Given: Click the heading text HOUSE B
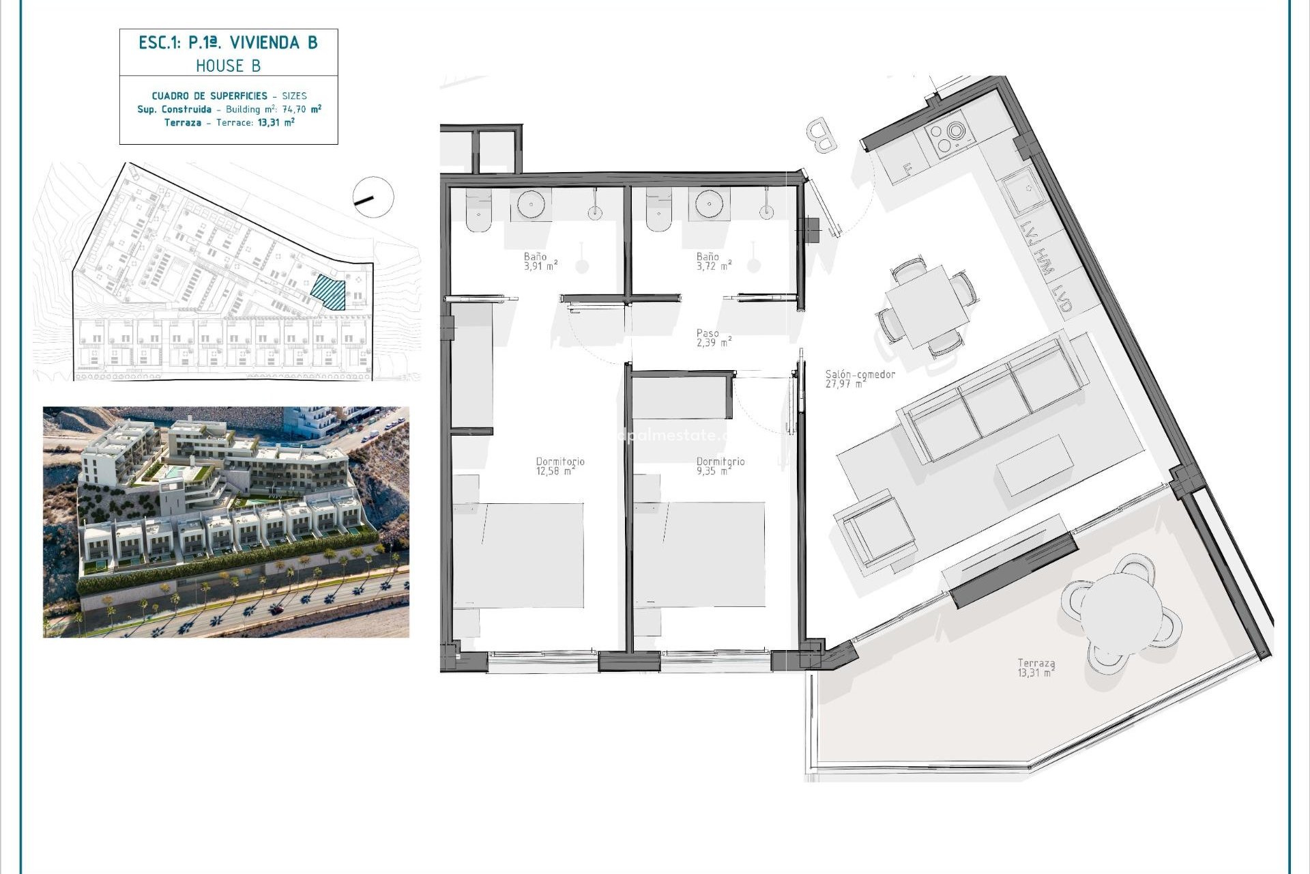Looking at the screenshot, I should click(228, 66).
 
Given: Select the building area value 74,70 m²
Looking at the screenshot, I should click(297, 109).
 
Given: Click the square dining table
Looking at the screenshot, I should click(927, 306).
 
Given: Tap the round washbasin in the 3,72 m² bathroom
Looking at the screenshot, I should click(709, 203).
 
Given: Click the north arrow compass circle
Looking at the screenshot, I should click(373, 197).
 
